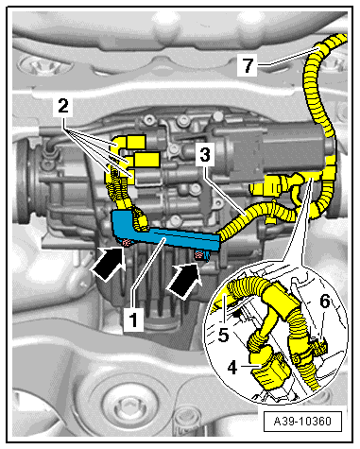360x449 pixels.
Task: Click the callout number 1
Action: click(133, 319)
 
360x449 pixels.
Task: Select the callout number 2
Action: click(63, 106)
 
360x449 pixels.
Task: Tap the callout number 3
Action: click(205, 155)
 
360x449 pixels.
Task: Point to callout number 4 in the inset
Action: click(232, 368)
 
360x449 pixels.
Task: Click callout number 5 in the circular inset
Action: click(223, 335)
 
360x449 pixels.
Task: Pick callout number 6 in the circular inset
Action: click(324, 302)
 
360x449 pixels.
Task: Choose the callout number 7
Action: click(248, 65)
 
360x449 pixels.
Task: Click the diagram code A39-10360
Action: click(302, 422)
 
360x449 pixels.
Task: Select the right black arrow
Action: click(184, 280)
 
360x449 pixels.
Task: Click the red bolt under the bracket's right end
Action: click(199, 255)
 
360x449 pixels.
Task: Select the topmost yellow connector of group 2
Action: click(135, 142)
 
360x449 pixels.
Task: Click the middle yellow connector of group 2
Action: click(146, 160)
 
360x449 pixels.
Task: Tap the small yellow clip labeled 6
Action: click(320, 346)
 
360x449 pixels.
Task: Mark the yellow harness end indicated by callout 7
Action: click(323, 47)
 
